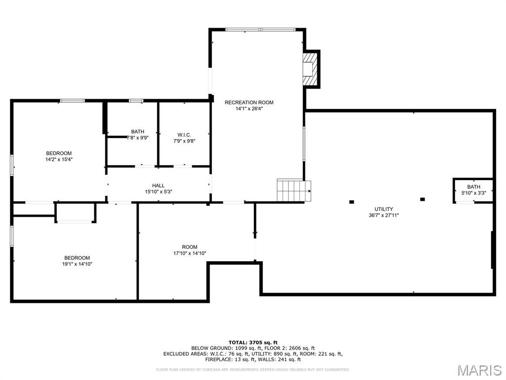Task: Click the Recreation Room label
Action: point(249,102)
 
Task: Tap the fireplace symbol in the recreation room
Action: point(309,69)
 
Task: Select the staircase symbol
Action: point(294,190)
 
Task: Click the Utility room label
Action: point(383,209)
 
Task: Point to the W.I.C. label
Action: point(184,135)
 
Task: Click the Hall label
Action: point(158,186)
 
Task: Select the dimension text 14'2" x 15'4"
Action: point(59,159)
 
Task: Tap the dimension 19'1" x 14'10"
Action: point(77,264)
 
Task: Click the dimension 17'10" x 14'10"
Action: point(189,253)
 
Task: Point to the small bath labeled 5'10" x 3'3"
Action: point(473,190)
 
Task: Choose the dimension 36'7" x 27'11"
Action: point(383,215)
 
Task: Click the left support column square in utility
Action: point(352,201)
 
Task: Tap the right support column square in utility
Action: point(422,199)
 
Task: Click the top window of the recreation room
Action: point(260,30)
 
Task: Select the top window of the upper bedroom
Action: point(72,101)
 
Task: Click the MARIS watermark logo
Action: point(479,370)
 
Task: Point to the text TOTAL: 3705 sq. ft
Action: point(253,342)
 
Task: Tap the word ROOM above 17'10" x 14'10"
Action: point(189,247)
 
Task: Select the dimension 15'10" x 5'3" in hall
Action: point(158,191)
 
